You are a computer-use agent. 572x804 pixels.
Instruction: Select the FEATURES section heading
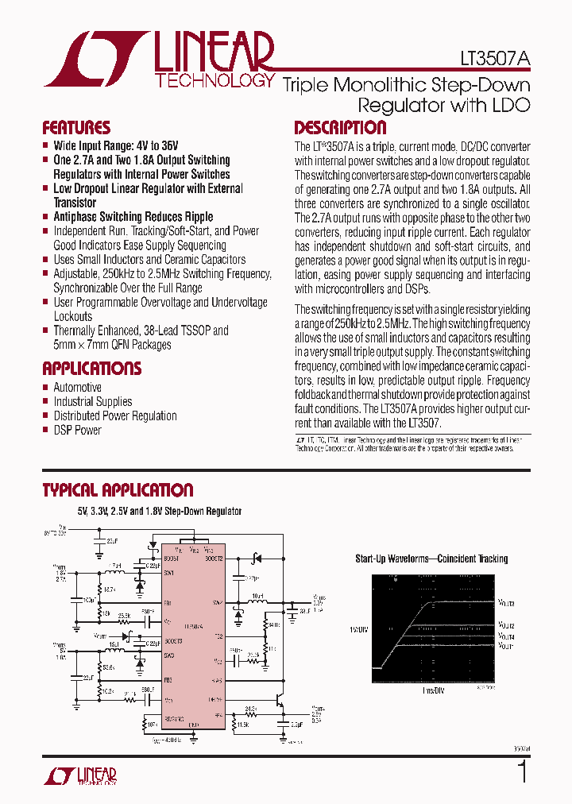(76, 128)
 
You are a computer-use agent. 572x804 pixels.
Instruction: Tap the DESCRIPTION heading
(340, 128)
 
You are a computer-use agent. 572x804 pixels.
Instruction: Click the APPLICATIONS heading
(92, 369)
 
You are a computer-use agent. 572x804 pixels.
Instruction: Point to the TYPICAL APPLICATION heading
(118, 490)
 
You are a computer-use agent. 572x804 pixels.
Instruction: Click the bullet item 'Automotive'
(77, 388)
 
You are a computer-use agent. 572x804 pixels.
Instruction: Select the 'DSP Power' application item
(77, 430)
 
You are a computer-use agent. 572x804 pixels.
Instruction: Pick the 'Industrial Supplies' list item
(92, 402)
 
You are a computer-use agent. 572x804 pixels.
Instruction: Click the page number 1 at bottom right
(522, 772)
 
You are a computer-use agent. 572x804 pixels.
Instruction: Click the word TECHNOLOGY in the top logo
(214, 81)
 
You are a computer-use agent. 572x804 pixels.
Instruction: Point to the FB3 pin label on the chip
(168, 681)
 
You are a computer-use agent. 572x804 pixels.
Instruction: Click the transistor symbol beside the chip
(279, 701)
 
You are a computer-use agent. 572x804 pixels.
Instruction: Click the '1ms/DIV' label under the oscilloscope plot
(431, 691)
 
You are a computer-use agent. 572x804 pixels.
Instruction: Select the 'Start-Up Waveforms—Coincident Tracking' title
(431, 559)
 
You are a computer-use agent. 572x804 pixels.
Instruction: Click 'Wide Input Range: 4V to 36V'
(116, 146)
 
